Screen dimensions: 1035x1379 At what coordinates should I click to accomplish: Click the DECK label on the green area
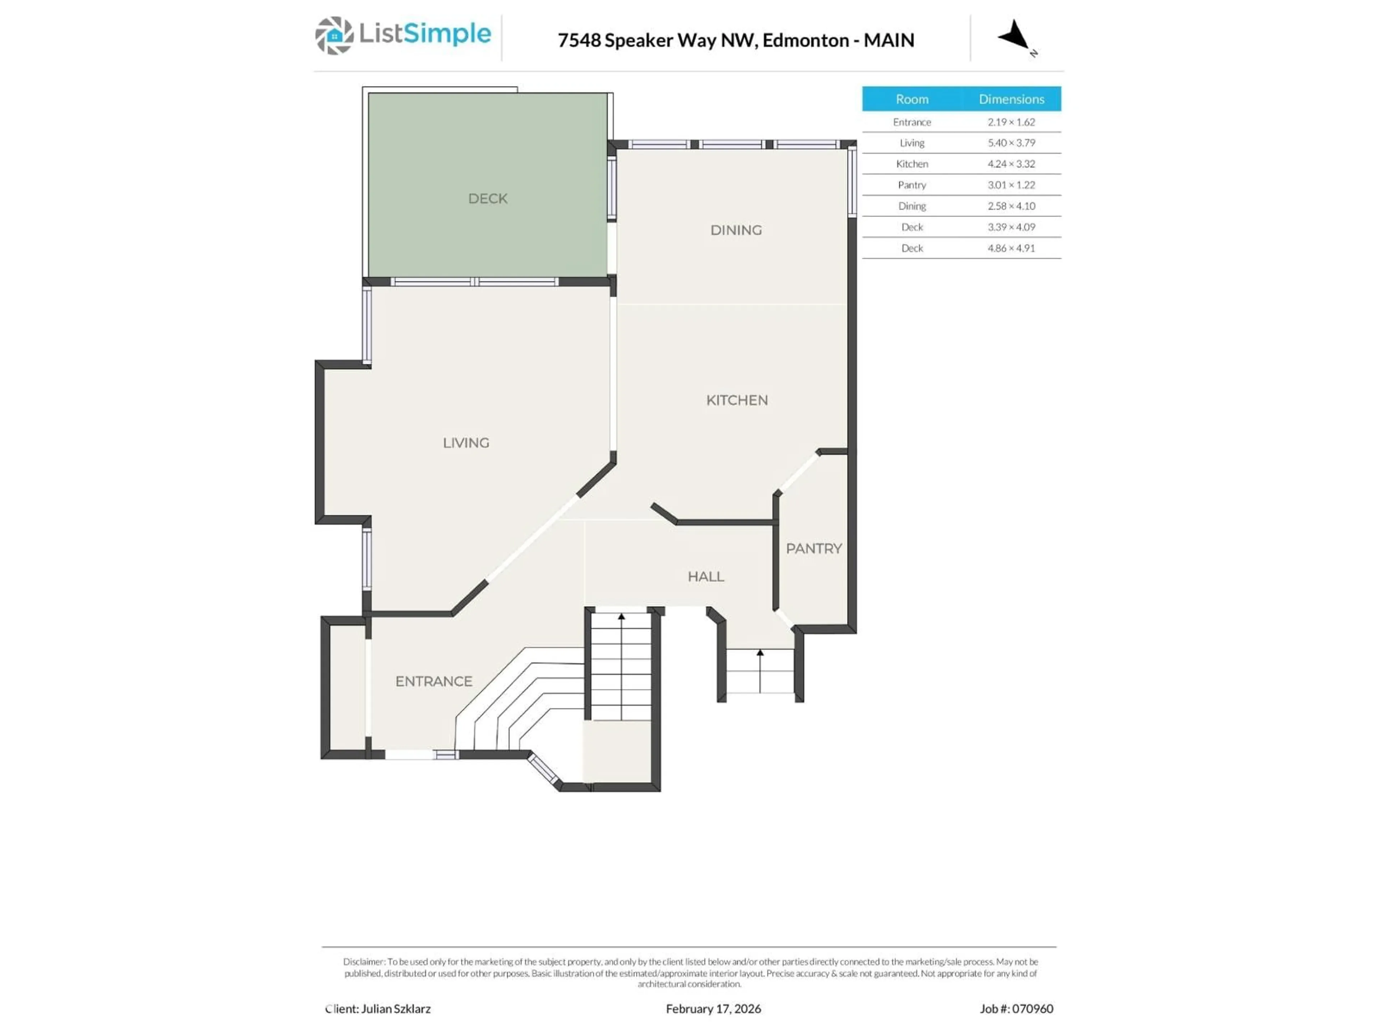pos(488,198)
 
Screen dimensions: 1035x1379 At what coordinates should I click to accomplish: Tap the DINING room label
pos(735,230)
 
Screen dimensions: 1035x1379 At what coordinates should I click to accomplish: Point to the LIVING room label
pos(466,443)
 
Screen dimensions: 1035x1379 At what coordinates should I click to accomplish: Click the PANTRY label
pos(813,548)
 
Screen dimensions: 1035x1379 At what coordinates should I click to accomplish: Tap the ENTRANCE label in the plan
pos(433,681)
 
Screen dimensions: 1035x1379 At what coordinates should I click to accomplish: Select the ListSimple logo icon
pos(334,36)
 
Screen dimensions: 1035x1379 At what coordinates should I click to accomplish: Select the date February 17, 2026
pos(713,1009)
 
